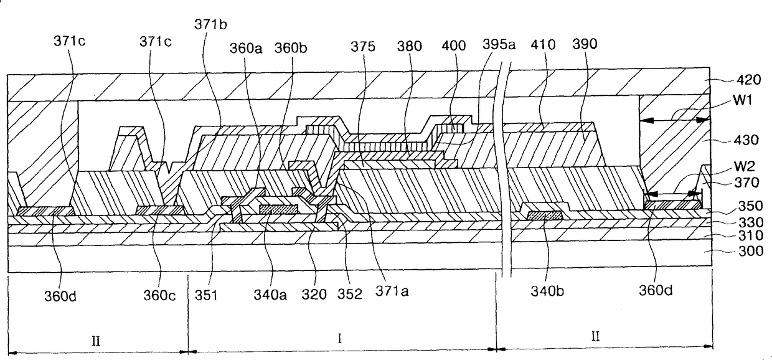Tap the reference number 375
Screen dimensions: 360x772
[x=362, y=45]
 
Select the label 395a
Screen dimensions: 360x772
[x=499, y=45]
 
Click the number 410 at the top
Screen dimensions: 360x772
[x=543, y=45]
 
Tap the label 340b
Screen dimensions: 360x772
[x=545, y=291]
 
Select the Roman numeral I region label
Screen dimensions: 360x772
[x=339, y=339]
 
